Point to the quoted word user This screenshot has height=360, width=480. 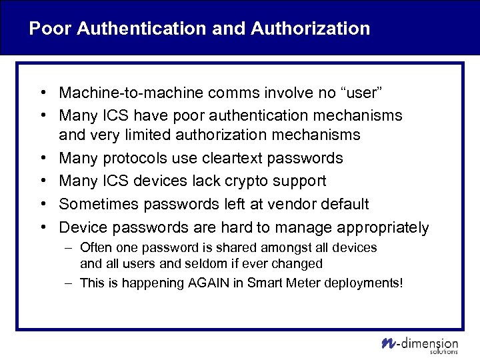(x=361, y=92)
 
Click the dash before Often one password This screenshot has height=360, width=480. (x=69, y=248)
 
